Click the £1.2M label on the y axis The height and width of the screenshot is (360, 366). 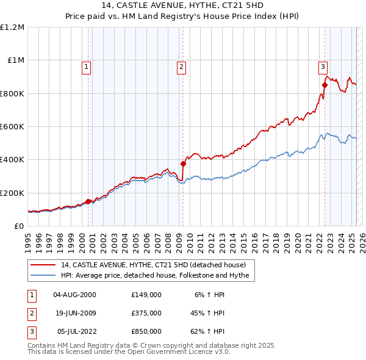[x=13, y=27]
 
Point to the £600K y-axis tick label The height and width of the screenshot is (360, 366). [x=12, y=127]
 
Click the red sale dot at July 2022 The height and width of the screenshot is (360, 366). [x=325, y=85]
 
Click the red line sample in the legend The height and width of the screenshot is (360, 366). [x=43, y=265]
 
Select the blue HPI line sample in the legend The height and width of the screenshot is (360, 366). [x=43, y=276]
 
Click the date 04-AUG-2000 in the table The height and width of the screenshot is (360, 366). [x=74, y=294]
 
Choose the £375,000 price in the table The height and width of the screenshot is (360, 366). [x=146, y=313]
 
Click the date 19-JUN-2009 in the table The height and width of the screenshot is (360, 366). [x=74, y=313]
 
